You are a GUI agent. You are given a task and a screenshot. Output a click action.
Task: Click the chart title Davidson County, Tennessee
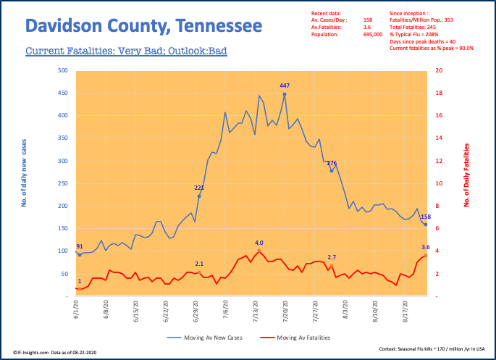tap(143, 28)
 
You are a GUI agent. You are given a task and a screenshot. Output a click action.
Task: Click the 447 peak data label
tap(285, 85)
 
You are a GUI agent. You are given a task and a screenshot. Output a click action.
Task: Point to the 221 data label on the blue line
tap(199, 188)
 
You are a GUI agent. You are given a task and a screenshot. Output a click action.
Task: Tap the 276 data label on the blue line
tap(332, 163)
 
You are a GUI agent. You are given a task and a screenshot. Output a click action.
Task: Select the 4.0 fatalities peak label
tap(258, 243)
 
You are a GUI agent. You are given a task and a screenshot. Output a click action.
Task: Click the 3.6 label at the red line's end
tap(426, 248)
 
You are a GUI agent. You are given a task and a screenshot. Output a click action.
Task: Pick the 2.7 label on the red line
tap(332, 258)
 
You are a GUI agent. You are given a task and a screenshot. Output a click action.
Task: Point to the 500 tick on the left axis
tap(64, 71)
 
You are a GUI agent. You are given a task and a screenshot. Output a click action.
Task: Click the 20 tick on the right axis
tap(439, 71)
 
